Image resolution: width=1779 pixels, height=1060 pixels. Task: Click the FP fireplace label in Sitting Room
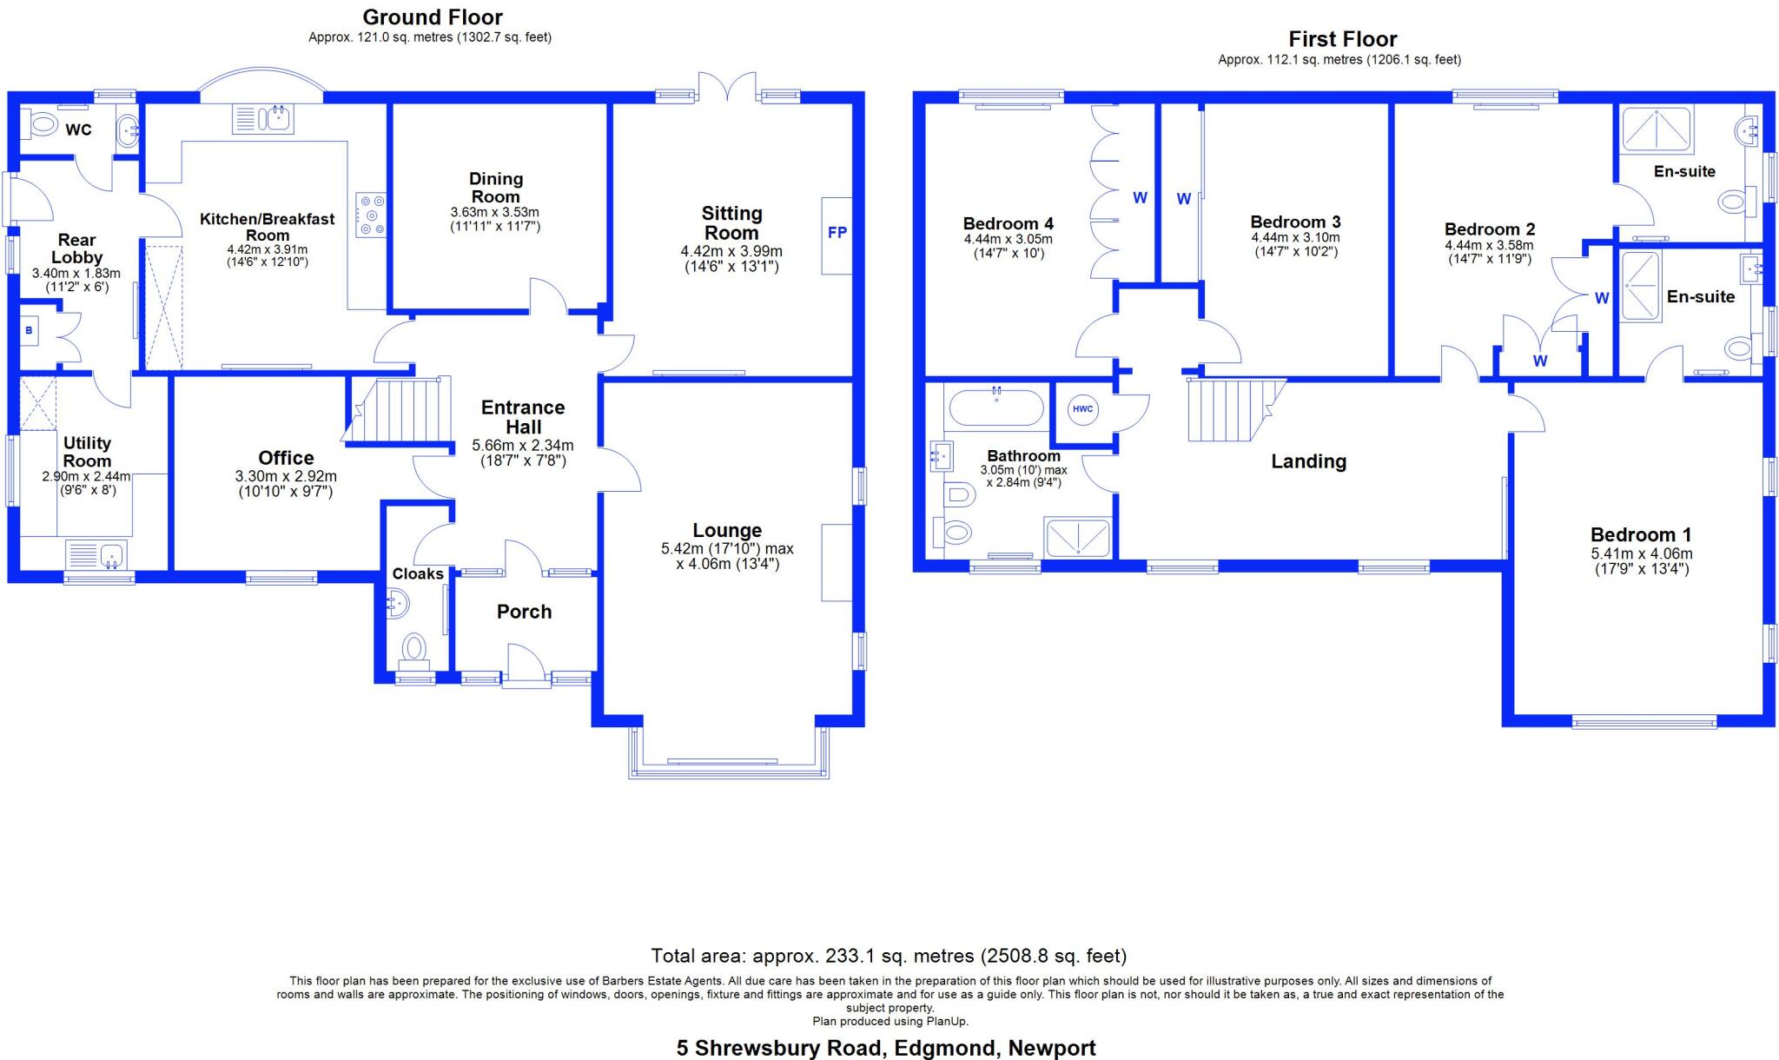point(837,233)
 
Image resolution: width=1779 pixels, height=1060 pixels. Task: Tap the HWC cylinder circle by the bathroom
point(1082,409)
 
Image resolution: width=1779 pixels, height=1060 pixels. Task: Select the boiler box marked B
point(29,331)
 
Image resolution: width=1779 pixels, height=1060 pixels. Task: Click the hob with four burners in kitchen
point(371,215)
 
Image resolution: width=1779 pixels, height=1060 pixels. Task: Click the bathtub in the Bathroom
point(996,407)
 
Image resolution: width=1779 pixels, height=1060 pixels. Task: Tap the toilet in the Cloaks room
point(413,648)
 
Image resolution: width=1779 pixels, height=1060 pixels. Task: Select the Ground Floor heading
point(432,17)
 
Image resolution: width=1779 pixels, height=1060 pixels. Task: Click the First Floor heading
point(1341,39)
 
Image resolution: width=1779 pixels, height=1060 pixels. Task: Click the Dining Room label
point(496,188)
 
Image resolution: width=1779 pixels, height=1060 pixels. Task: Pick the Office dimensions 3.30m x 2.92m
point(286,477)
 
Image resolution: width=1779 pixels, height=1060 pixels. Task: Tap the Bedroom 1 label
point(1640,535)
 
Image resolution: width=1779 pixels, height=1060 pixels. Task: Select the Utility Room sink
point(97,553)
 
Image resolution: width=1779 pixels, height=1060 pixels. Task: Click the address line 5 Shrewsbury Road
point(885,1048)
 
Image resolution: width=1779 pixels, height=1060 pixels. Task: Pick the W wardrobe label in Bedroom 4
point(1140,198)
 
